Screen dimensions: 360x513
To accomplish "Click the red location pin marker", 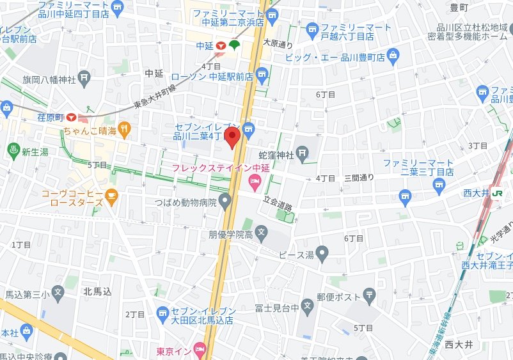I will pos(234,136).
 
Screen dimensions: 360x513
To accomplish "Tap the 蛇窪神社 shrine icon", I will pos(303,153).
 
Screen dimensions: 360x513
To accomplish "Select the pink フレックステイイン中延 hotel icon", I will pos(255,184).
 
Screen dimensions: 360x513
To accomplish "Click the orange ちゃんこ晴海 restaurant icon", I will pos(124,130).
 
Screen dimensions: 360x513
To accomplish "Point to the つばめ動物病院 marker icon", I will pos(225,202).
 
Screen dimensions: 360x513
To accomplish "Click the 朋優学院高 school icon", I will pos(261,231).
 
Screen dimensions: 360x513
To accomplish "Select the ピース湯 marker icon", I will pos(322,255).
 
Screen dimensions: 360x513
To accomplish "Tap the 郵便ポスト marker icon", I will pos(370,295).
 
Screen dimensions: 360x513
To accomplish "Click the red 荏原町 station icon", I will pos(70,117).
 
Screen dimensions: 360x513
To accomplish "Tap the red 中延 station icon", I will pos(220,45).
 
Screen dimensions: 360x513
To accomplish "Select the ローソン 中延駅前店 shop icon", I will pos(261,76).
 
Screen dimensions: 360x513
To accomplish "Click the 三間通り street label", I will pos(359,177).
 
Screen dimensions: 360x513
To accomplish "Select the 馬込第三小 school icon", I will pos(58,295).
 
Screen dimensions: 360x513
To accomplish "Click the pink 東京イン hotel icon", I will pos(200,350).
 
